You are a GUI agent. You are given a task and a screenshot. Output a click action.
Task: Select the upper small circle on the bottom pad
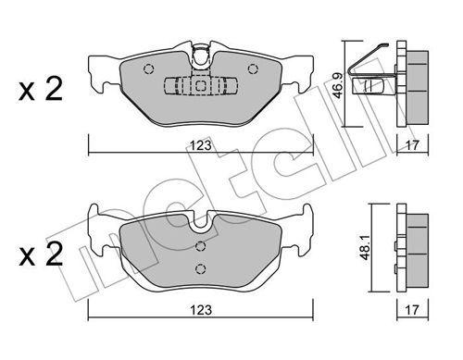[x=202, y=246]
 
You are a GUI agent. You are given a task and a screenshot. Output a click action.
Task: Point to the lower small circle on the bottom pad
[x=202, y=268]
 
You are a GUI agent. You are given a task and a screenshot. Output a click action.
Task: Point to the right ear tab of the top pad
[x=306, y=74]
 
